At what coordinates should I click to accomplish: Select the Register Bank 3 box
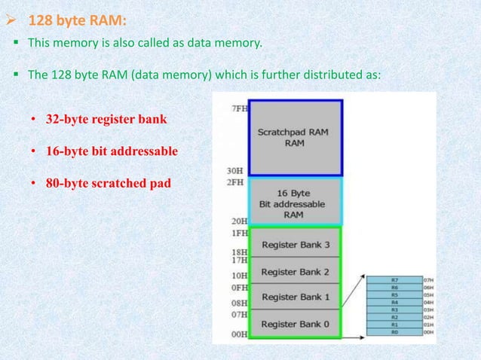coord(295,244)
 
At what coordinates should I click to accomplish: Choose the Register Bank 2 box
coord(295,270)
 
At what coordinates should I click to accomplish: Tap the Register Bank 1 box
coord(295,297)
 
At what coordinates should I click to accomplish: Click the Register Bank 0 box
coord(295,323)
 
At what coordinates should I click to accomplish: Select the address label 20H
coord(238,222)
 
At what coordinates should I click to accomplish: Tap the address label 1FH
coord(238,233)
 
